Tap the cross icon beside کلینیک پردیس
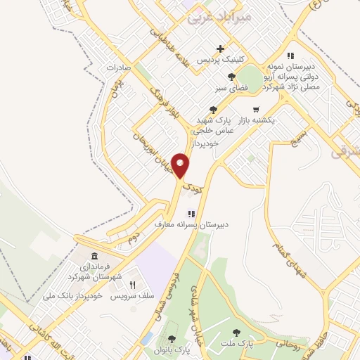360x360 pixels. pyautogui.click(x=221, y=49)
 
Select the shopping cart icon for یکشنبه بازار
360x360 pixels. pyautogui.click(x=255, y=110)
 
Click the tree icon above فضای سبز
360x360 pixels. pyautogui.click(x=231, y=77)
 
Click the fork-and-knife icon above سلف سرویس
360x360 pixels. pyautogui.click(x=131, y=285)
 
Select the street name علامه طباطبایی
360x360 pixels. pyautogui.click(x=165, y=34)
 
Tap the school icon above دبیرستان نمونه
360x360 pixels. pyautogui.click(x=290, y=57)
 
